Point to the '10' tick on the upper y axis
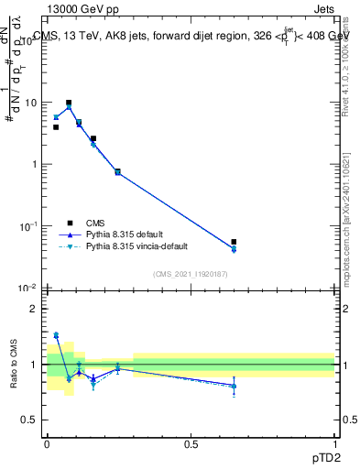tap(31, 103)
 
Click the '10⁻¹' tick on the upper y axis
tap(29, 225)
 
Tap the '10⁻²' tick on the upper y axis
tap(29, 288)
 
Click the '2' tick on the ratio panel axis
tap(36, 309)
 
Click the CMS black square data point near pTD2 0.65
tap(235, 242)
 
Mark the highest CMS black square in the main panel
tap(69, 104)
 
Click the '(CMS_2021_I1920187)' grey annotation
tap(191, 273)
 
